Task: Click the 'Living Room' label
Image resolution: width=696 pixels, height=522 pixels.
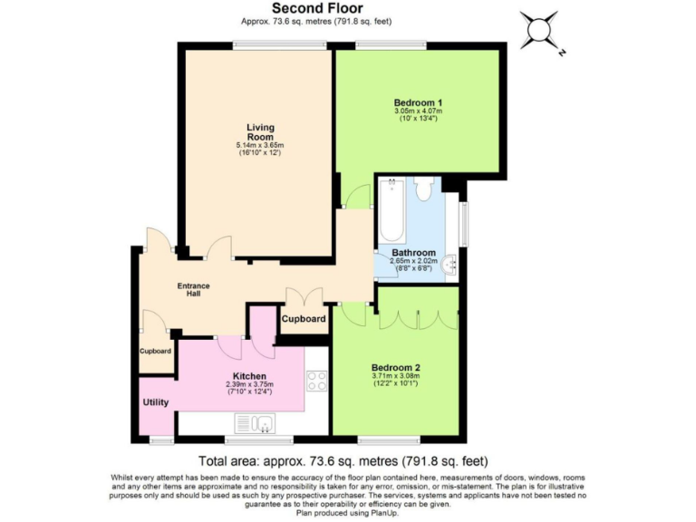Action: coord(260,132)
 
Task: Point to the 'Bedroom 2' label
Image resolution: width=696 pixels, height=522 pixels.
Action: coord(396,368)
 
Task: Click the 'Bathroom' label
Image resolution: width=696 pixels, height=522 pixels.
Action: coord(413,253)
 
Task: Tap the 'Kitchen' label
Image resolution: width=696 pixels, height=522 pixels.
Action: coord(249,376)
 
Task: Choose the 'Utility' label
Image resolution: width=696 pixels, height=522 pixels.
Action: coord(155,401)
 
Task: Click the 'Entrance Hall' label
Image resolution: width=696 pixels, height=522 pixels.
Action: coord(193,291)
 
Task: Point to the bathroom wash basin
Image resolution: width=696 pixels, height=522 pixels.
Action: coord(452,265)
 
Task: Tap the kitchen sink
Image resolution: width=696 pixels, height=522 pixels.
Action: coord(256,422)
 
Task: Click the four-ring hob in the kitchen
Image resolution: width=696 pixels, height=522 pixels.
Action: coord(316,382)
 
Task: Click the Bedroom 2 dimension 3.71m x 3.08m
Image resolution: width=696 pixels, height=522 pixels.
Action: coord(396,378)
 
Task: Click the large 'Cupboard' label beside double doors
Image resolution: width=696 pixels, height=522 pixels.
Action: coord(304,319)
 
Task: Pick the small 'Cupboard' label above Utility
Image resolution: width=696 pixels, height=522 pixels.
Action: coord(155,352)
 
